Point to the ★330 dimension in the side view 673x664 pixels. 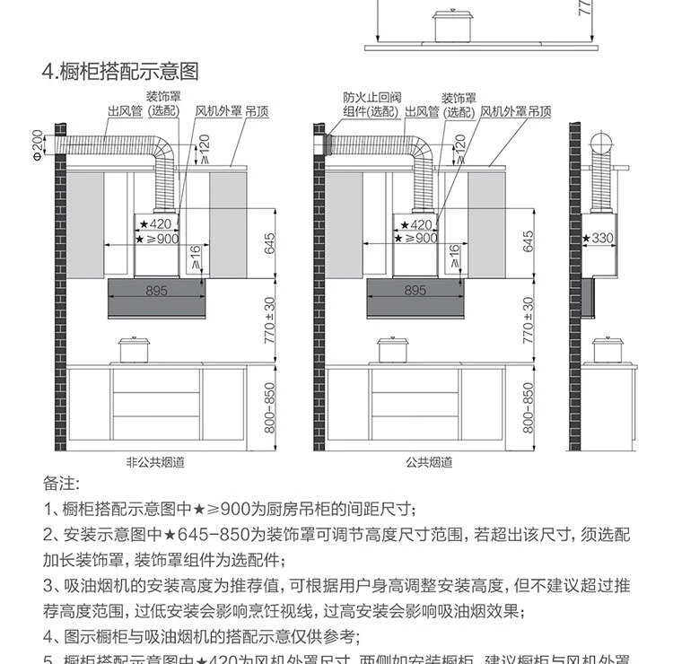597,238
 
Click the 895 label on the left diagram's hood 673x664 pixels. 156,291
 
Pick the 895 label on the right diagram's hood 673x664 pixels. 415,291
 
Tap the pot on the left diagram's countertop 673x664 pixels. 133,349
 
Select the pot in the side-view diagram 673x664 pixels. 609,349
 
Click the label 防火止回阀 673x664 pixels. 365,98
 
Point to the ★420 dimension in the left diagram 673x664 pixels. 154,223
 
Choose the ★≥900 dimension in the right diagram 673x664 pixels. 416,239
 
